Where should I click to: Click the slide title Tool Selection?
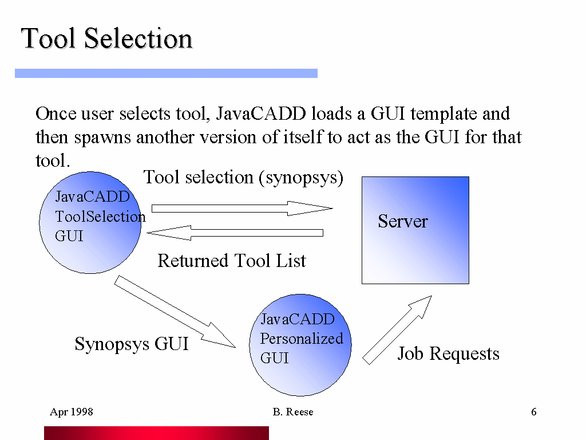pyautogui.click(x=107, y=39)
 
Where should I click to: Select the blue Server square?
pyautogui.click(x=415, y=252)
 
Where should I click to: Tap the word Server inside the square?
pyautogui.click(x=402, y=222)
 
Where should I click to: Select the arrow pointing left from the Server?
pyautogui.click(x=235, y=233)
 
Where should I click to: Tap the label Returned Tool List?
pyautogui.click(x=232, y=261)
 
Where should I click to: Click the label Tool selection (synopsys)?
pyautogui.click(x=243, y=178)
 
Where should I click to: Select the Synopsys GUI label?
pyautogui.click(x=132, y=344)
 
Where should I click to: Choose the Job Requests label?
pyautogui.click(x=448, y=354)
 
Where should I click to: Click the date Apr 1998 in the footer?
pyautogui.click(x=72, y=412)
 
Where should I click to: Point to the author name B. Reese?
pyautogui.click(x=293, y=412)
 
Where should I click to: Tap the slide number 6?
pyautogui.click(x=533, y=412)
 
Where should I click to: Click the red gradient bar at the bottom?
pyautogui.click(x=156, y=433)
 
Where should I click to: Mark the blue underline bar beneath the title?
pyautogui.click(x=166, y=73)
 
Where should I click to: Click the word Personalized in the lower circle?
pyautogui.click(x=302, y=339)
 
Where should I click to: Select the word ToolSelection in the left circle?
pyautogui.click(x=100, y=217)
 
